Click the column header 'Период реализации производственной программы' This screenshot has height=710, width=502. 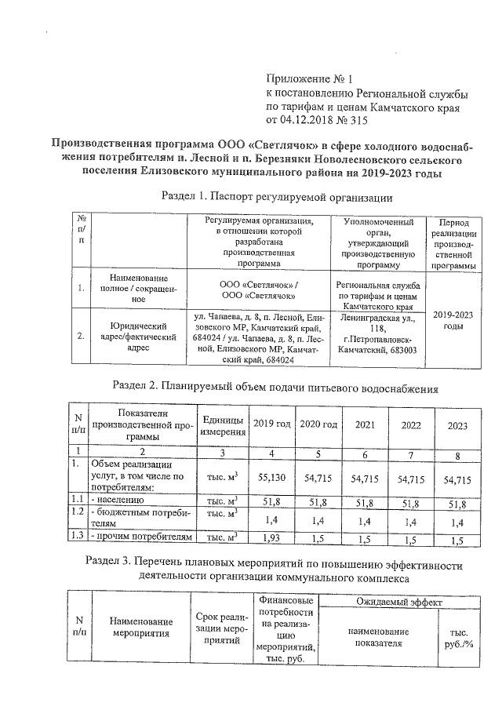click(453, 243)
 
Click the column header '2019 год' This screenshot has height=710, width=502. click(271, 424)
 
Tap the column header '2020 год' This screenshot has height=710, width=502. click(318, 424)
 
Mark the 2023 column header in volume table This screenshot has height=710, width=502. click(457, 425)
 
